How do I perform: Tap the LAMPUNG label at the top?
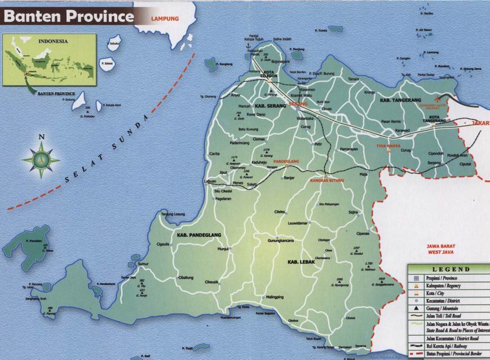[165, 19]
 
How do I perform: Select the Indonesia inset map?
[49, 60]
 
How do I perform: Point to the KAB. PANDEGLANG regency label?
[198, 234]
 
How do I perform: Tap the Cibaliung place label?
[186, 277]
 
